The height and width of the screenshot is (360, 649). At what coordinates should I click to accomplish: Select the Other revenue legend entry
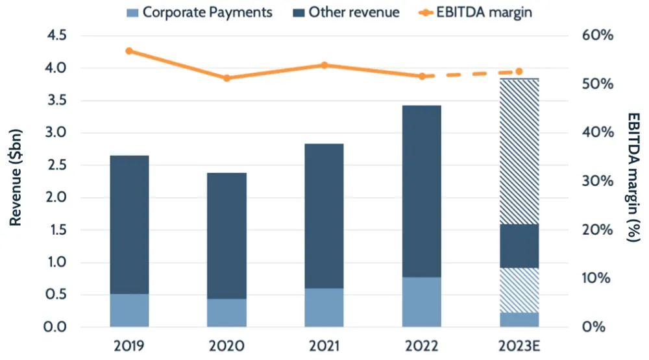(347, 12)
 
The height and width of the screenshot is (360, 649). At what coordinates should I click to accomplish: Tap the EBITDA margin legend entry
(477, 12)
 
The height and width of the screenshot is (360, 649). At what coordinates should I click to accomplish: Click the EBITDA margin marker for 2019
(129, 51)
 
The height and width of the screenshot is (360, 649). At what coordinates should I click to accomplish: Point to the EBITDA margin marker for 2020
(227, 78)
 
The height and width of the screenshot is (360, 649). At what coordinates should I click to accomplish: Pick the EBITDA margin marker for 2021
(324, 65)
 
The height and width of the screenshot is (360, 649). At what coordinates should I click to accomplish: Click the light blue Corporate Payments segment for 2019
(129, 310)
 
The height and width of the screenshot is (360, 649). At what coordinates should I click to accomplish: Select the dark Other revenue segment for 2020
(227, 235)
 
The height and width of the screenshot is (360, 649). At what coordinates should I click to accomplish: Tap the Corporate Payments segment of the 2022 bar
(422, 302)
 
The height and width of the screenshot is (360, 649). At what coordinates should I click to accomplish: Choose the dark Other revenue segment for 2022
(422, 191)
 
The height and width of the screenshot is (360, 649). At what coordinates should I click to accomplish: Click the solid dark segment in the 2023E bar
(519, 246)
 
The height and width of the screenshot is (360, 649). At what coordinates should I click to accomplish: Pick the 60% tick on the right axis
(598, 36)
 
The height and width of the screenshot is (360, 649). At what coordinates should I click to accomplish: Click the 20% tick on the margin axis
(598, 230)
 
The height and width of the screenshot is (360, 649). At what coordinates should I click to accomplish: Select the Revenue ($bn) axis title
(16, 182)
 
